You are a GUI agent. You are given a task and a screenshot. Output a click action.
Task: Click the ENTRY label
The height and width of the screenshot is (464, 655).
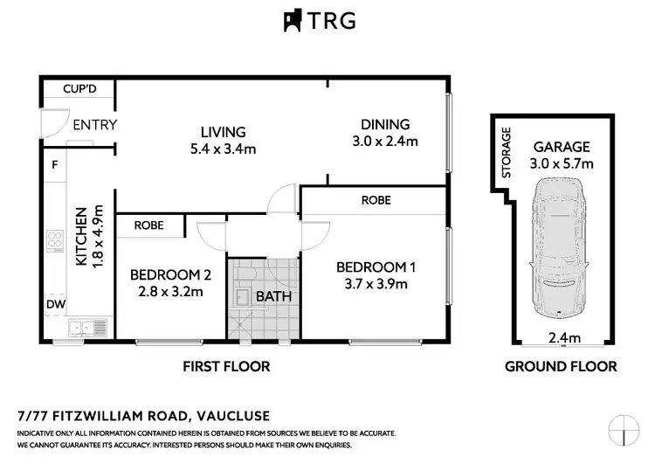94,125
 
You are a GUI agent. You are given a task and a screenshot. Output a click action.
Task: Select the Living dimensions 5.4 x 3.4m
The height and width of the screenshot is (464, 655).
223,149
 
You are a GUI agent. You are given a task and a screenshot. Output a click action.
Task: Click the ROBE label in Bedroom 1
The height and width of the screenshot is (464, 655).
376,200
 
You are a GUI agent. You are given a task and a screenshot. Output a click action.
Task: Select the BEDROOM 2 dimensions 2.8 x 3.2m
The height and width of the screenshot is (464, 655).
170,291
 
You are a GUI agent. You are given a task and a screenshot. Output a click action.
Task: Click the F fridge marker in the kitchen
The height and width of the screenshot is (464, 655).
54,164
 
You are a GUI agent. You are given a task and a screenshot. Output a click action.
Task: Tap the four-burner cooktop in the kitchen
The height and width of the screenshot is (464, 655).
55,240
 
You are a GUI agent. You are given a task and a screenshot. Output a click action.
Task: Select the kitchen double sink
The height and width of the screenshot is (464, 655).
86,329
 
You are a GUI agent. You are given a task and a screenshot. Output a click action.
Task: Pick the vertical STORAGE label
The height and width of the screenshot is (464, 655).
507,152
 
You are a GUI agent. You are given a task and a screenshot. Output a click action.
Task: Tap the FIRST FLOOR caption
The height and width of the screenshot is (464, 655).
225,366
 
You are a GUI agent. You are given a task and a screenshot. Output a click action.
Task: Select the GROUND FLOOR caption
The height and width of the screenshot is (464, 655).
561,366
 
